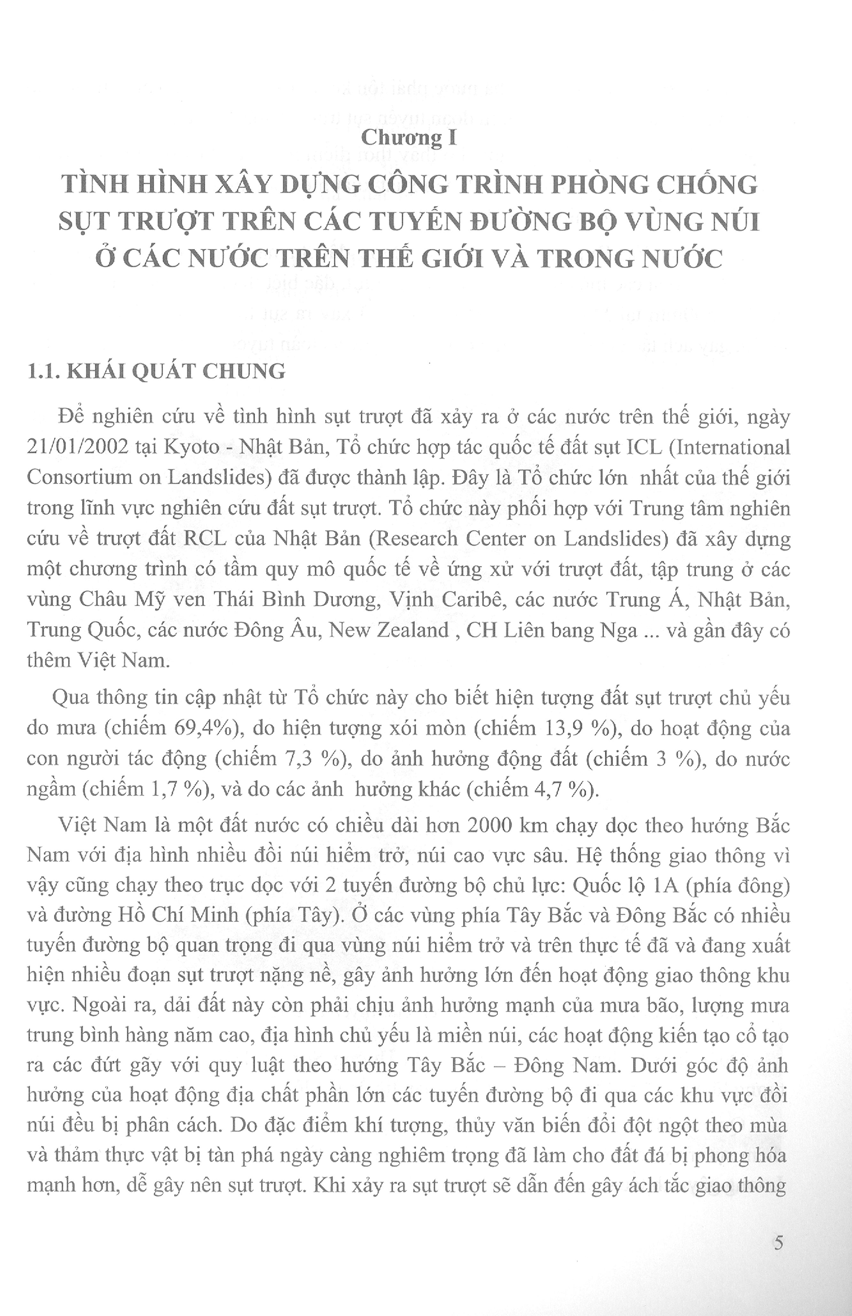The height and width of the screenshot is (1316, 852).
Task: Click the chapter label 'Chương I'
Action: point(409,138)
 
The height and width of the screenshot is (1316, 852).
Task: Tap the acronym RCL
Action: point(205,539)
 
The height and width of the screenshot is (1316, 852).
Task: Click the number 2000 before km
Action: point(492,826)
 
